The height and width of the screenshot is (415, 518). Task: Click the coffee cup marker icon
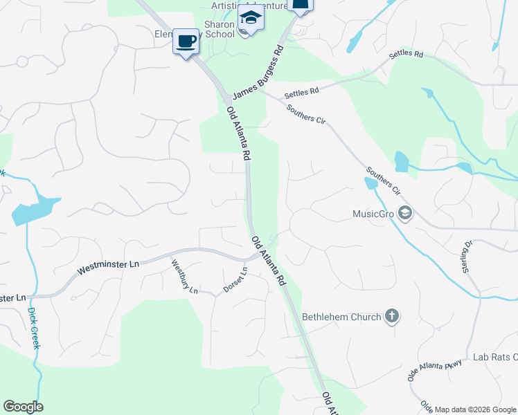pos(185,41)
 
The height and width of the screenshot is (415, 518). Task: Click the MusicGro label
pos(373,214)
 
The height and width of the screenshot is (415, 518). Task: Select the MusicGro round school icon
pos(405,214)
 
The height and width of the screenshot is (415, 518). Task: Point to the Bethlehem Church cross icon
pos(392,317)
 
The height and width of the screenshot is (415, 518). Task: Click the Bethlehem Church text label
pos(341,317)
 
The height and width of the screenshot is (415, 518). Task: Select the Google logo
pos(24,407)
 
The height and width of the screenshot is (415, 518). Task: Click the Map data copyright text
pos(475,409)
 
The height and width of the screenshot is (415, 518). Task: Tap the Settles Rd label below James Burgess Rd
pos(302,91)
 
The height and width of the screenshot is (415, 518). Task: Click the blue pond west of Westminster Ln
pos(35,210)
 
